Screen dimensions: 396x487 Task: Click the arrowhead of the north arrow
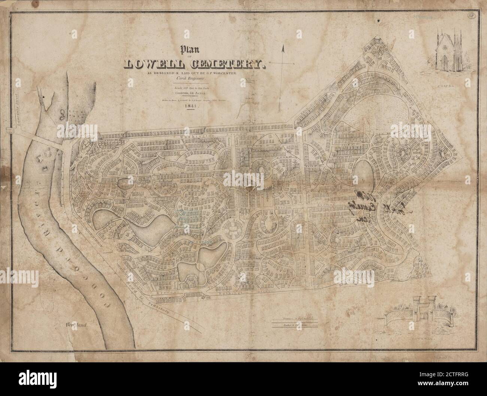click(x=284, y=47)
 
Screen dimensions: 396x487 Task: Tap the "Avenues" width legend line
click(x=294, y=309)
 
